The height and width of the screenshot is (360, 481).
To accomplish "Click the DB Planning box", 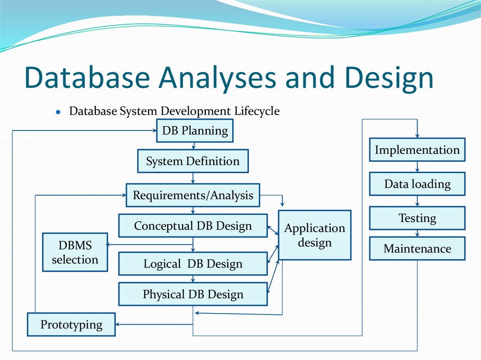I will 194,131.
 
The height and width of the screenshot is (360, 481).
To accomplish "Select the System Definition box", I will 193,161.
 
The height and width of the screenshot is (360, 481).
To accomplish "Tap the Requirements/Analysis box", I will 193,195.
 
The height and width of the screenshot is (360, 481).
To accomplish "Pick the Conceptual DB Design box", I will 193,226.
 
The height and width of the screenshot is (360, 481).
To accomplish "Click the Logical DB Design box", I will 193,264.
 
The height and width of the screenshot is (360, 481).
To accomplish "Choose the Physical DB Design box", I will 193,294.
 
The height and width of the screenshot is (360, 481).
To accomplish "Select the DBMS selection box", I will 75,252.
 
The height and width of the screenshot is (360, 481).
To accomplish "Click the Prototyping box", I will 71,324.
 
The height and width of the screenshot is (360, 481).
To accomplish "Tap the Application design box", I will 314,235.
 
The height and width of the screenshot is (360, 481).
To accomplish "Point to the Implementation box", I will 417,150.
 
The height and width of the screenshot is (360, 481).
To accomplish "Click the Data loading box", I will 417,184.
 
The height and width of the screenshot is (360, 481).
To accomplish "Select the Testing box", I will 417,218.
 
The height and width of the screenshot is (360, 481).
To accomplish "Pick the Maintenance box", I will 417,249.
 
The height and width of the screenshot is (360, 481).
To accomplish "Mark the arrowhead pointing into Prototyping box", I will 118,324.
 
